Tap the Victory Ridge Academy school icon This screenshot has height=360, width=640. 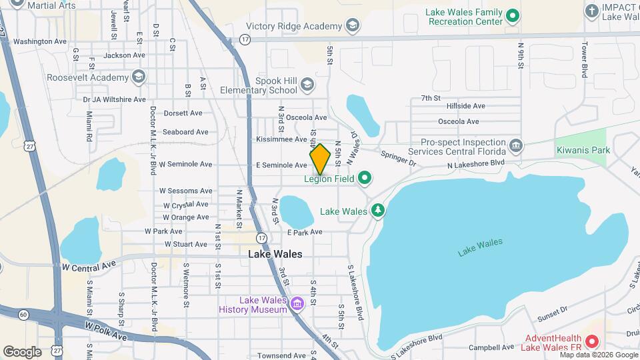(353, 26)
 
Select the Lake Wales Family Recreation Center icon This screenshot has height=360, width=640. (512, 15)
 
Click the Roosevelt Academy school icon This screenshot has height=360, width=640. (138, 77)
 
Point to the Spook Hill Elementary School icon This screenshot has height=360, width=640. (307, 85)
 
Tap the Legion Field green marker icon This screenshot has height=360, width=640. (364, 178)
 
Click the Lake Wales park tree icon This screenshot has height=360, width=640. (378, 211)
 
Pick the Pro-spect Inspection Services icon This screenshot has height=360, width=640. (515, 145)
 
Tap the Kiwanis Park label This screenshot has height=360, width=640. (583, 151)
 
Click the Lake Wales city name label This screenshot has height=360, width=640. (275, 254)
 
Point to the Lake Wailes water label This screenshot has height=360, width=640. (480, 247)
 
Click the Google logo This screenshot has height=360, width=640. (22, 352)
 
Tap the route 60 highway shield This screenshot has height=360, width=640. (24, 313)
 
